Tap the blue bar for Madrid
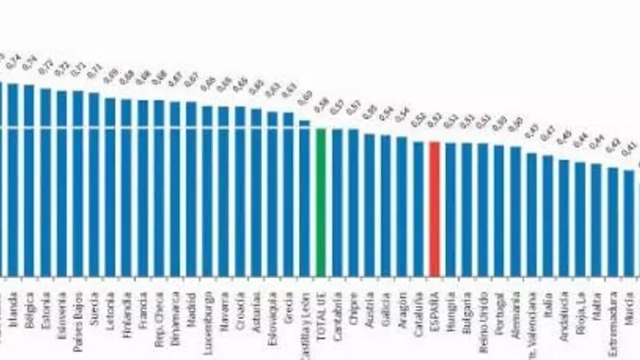coord(191,188)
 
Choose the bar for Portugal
coord(499,210)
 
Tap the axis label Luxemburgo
coord(208,313)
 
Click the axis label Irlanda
coord(13,305)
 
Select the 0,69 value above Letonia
coord(111,76)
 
